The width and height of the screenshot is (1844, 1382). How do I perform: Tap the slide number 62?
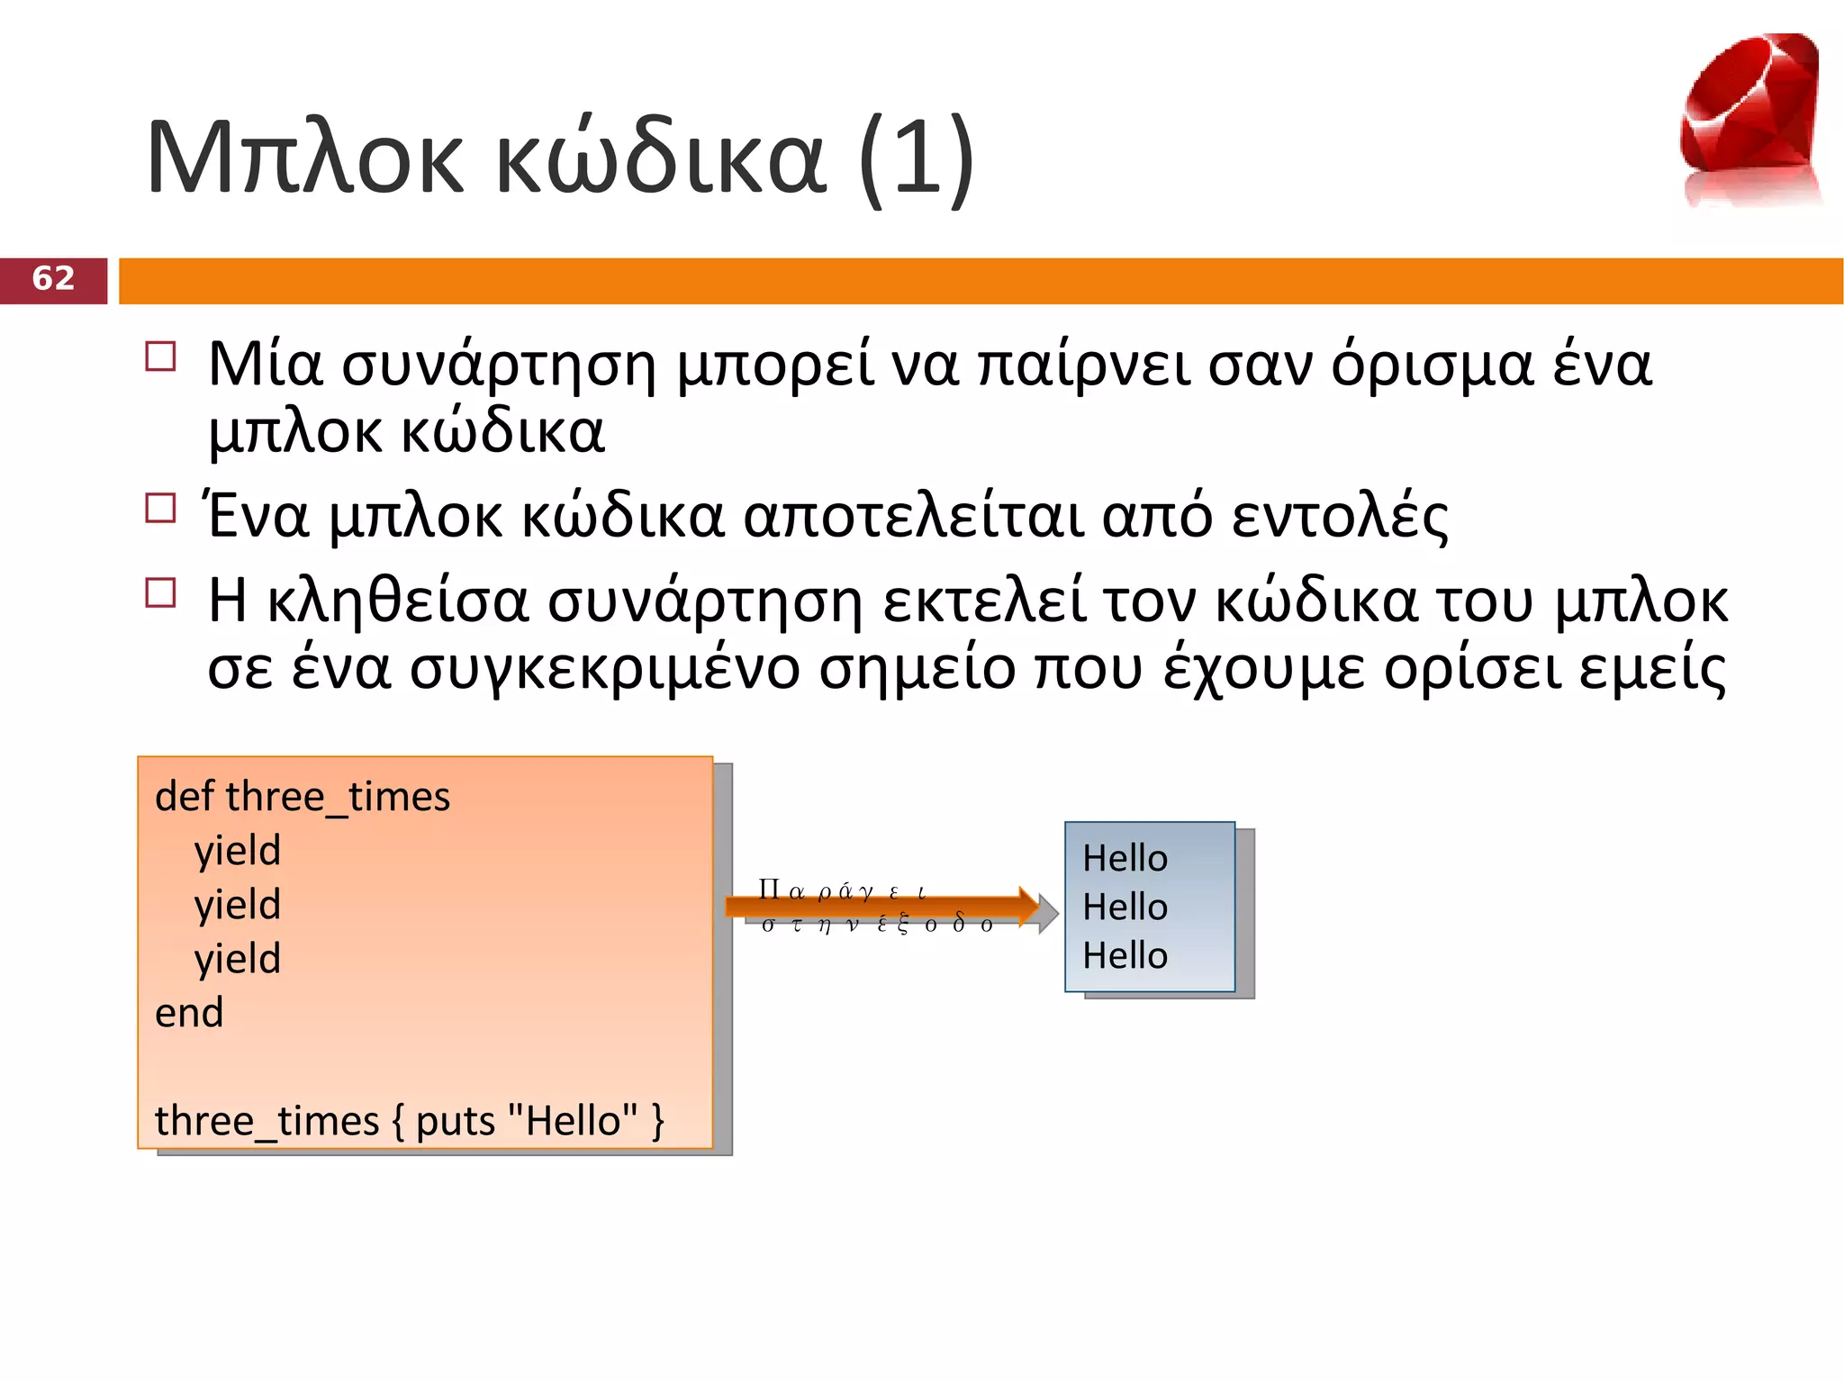tap(53, 279)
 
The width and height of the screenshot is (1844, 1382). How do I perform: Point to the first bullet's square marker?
tap(160, 357)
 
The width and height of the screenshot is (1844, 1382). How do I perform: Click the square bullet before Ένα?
tap(160, 508)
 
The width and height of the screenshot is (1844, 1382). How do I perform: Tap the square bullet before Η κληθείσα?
tap(160, 592)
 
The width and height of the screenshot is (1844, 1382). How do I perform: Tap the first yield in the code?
tap(238, 851)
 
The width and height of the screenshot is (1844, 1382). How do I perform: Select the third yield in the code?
tap(238, 959)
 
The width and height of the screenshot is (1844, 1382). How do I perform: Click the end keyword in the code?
tap(189, 1013)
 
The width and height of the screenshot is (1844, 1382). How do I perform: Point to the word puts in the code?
tap(456, 1121)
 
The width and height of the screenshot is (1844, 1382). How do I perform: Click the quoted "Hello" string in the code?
tap(573, 1121)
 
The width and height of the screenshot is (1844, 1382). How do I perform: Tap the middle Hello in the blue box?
tap(1125, 907)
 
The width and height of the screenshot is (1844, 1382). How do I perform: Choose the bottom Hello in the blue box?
tap(1125, 955)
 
